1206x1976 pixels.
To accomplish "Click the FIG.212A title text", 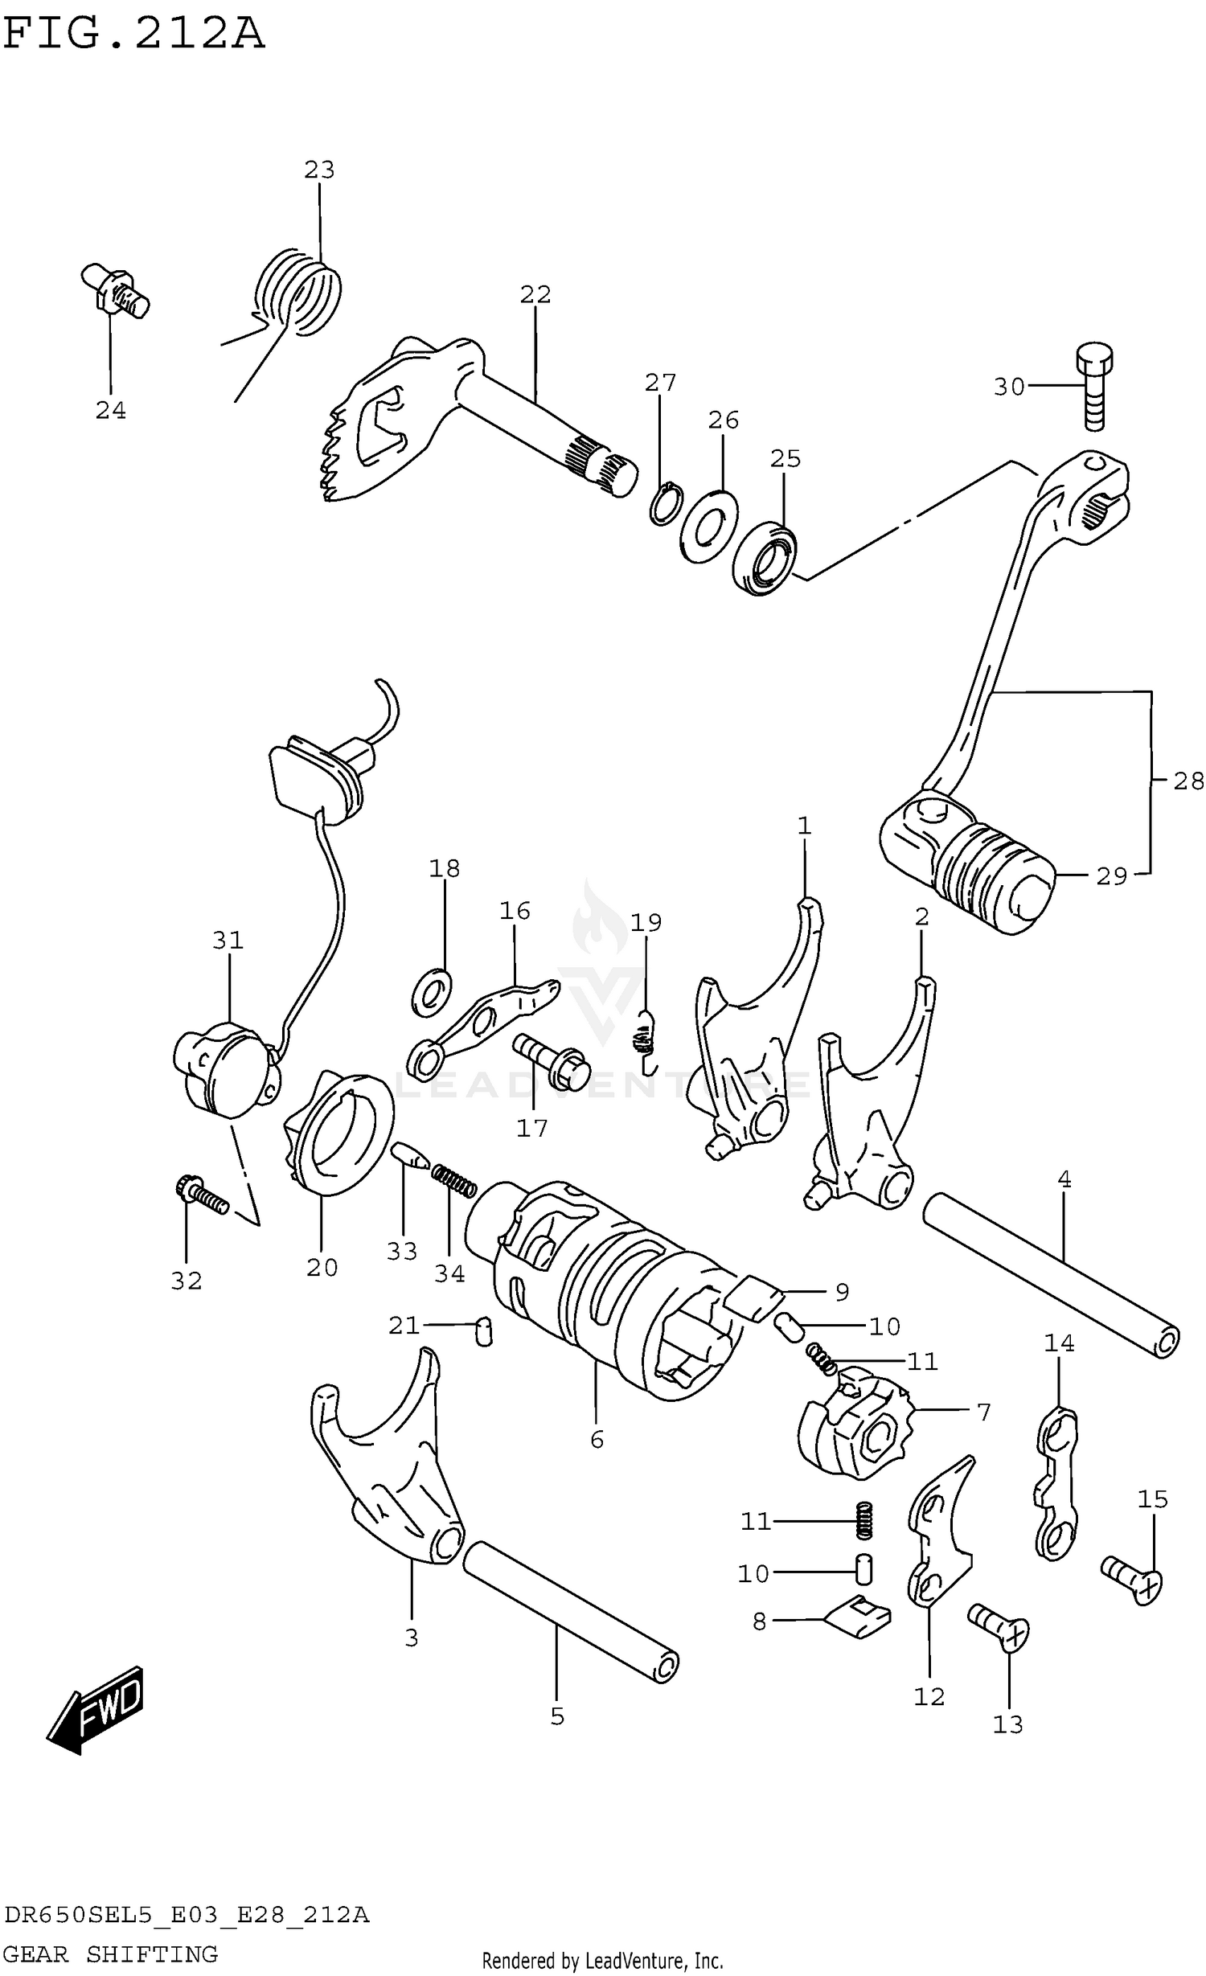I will click(133, 34).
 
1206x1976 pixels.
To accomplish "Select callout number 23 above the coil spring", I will click(319, 170).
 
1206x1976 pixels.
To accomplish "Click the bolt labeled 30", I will click(1093, 387).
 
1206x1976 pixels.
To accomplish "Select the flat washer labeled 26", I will click(708, 527).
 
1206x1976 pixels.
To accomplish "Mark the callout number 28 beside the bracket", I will click(1188, 781).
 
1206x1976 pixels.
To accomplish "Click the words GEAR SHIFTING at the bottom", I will click(111, 1953).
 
